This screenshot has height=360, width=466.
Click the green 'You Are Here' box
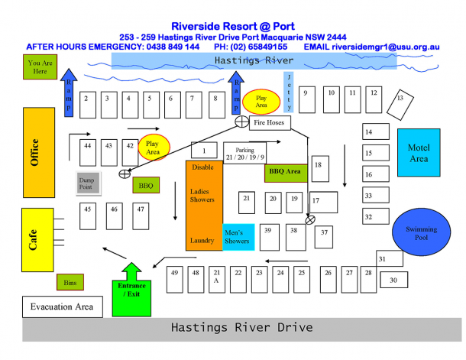click(39, 67)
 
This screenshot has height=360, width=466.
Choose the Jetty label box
click(289, 92)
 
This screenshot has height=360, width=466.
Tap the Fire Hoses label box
click(269, 122)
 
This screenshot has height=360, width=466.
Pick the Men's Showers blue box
click(238, 236)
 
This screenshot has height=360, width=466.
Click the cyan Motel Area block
click(419, 154)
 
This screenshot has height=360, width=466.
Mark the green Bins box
click(70, 282)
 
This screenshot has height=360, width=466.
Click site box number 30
click(393, 281)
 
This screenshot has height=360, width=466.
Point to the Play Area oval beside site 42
click(153, 148)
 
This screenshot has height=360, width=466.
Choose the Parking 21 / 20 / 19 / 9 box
click(244, 154)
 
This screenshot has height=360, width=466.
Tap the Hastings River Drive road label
click(241, 328)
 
